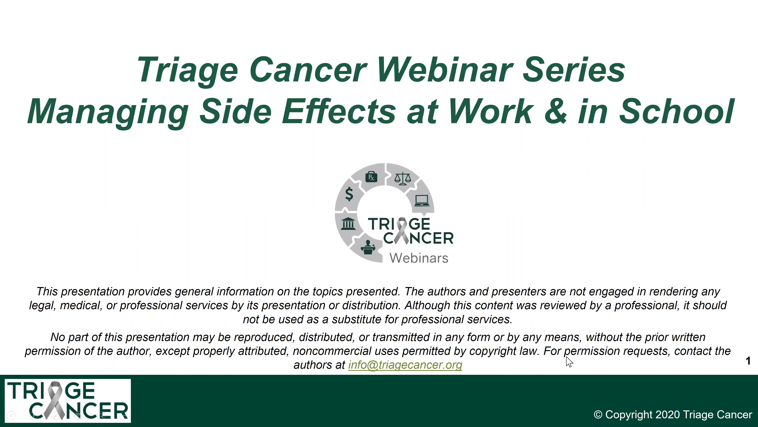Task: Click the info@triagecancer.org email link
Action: [x=405, y=365]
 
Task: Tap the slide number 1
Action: [x=748, y=361]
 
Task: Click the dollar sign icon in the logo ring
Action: [x=349, y=194]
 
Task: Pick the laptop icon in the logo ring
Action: [x=422, y=201]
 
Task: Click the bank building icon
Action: [x=348, y=223]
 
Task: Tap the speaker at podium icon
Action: [x=368, y=247]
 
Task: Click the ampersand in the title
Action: [x=555, y=111]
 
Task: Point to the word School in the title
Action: [x=677, y=111]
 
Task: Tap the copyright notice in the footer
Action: [x=673, y=415]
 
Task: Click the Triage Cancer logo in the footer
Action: [x=68, y=401]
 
